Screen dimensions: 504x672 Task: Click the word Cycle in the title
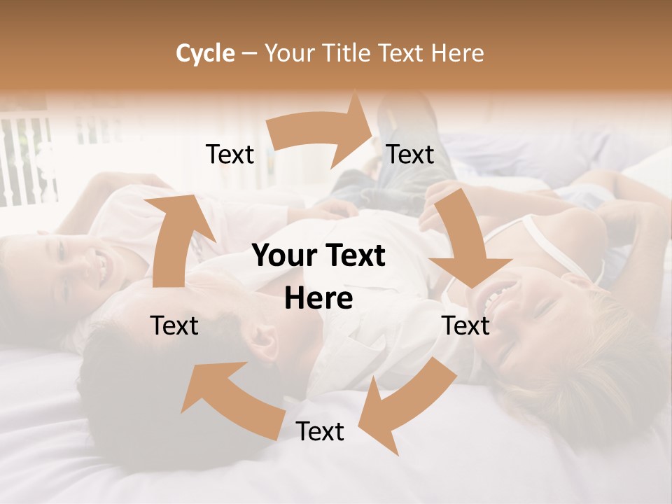(x=205, y=53)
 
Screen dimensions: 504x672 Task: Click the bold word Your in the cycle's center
(x=280, y=256)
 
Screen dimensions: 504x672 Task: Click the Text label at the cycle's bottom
(x=320, y=432)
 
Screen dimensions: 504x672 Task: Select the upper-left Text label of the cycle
(x=230, y=155)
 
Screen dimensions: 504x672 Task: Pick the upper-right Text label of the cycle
(x=410, y=155)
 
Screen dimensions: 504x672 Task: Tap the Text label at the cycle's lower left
(x=174, y=325)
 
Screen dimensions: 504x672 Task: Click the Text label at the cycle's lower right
(x=465, y=325)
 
